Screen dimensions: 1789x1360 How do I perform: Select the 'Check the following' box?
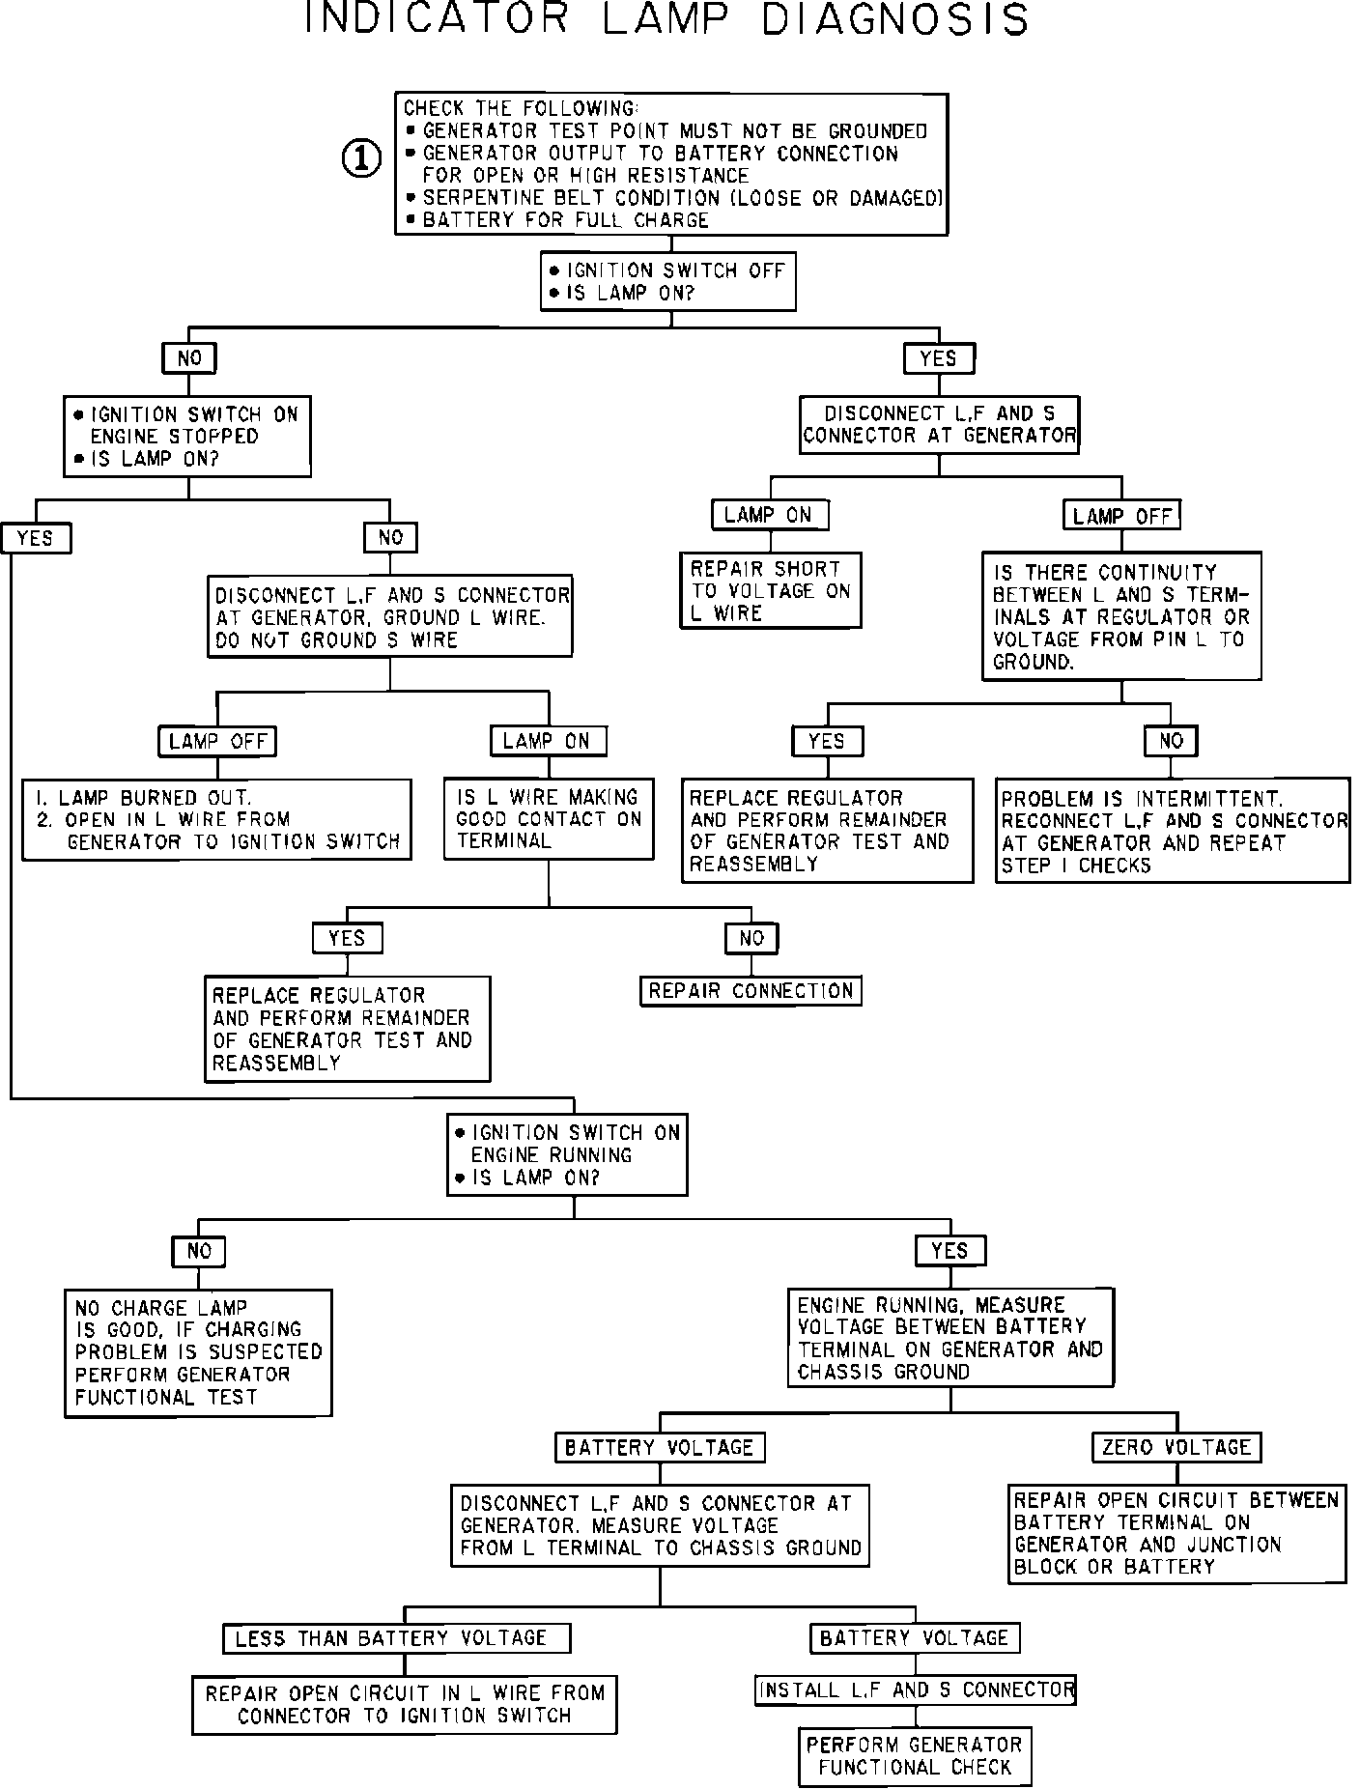[671, 164]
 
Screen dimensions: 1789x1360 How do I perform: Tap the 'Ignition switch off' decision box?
[667, 281]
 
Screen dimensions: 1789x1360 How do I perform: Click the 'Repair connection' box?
[751, 991]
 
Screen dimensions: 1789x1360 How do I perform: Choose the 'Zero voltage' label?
[1176, 1446]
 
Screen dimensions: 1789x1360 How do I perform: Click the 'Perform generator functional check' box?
[914, 1756]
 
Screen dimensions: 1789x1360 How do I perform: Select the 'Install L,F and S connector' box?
[915, 1690]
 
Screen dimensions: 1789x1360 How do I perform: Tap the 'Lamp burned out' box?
[217, 819]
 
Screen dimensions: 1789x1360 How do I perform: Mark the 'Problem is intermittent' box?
[1174, 831]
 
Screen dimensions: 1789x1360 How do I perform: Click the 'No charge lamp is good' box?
[198, 1352]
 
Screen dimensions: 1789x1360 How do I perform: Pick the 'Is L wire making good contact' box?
[548, 818]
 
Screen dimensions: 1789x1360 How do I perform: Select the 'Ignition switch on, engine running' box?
[567, 1154]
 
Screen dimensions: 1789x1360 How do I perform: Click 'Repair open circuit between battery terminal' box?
[1176, 1533]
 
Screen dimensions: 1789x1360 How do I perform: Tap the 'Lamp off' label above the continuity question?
[1121, 515]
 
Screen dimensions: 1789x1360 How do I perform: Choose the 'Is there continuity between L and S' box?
[1121, 616]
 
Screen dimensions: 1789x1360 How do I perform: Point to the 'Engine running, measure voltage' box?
[950, 1338]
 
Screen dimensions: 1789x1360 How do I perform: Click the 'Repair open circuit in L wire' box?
[404, 1704]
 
